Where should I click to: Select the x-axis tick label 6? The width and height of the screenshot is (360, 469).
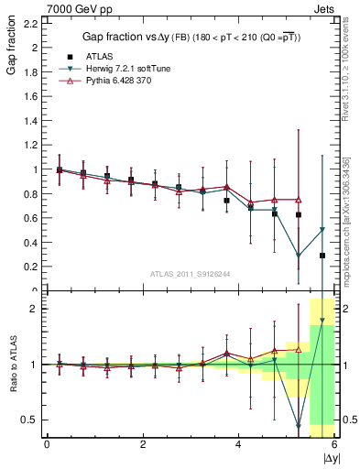pyautogui.click(x=334, y=443)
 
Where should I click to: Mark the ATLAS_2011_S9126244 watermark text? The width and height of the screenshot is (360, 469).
pyautogui.click(x=191, y=273)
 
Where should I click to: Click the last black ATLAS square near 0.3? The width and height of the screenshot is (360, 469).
pyautogui.click(x=322, y=256)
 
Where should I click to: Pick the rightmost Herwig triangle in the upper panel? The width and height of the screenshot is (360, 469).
pyautogui.click(x=322, y=230)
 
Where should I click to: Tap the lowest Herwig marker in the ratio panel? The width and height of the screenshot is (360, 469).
pyautogui.click(x=299, y=426)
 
